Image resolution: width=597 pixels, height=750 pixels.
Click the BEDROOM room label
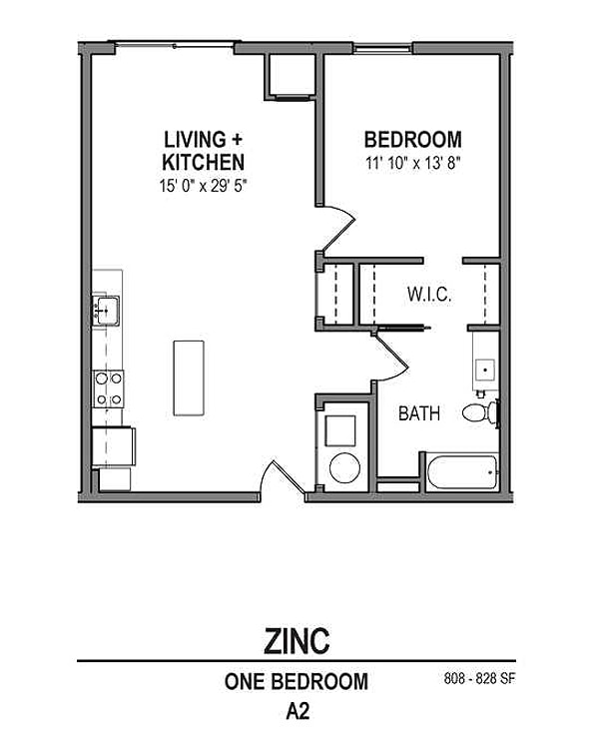point(412,140)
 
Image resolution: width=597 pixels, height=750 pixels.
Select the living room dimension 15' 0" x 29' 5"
point(204,183)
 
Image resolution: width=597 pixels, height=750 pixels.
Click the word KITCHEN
point(204,161)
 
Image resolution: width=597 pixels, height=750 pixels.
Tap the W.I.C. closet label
point(429,295)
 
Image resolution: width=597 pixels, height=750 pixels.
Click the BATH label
point(419,413)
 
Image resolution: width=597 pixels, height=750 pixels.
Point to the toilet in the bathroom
point(480,411)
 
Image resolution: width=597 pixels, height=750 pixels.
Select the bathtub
point(461,472)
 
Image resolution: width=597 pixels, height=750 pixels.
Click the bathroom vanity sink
point(485,370)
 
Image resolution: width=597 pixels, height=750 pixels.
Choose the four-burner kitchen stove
point(108,387)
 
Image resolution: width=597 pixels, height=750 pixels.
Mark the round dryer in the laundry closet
point(345,467)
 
